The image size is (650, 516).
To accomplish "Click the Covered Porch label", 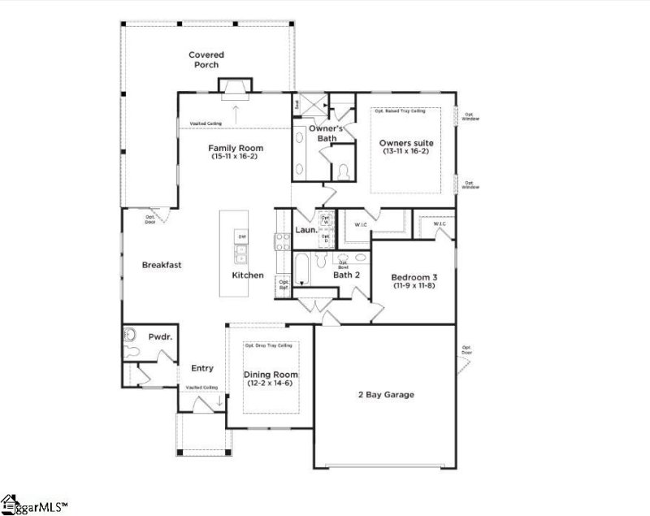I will [206, 59].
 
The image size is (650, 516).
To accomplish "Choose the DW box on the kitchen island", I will [242, 236].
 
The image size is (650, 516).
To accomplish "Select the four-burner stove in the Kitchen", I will [282, 241].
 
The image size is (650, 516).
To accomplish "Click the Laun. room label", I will [305, 230].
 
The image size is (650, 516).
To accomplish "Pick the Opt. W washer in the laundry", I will [325, 219].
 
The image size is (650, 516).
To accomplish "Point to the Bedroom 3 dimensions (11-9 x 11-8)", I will [414, 285].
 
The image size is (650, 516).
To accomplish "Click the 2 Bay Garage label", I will [386, 395].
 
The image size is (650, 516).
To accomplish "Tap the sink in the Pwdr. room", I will [129, 335].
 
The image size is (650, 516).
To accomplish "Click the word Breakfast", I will [161, 265].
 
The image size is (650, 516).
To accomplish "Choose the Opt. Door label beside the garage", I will [466, 350].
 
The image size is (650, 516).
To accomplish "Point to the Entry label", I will [202, 368].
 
